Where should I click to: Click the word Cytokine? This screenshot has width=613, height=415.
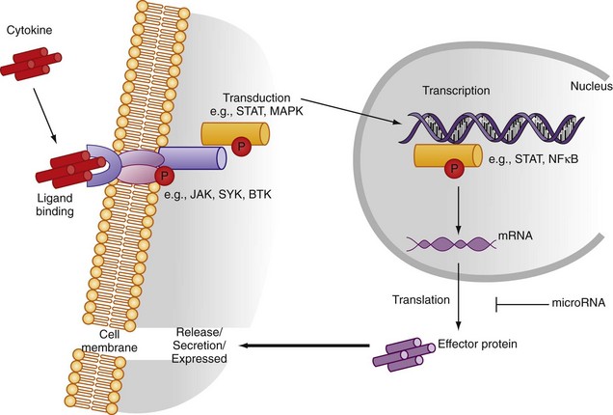coord(28,29)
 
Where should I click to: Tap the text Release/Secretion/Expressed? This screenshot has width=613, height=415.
coord(199,345)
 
